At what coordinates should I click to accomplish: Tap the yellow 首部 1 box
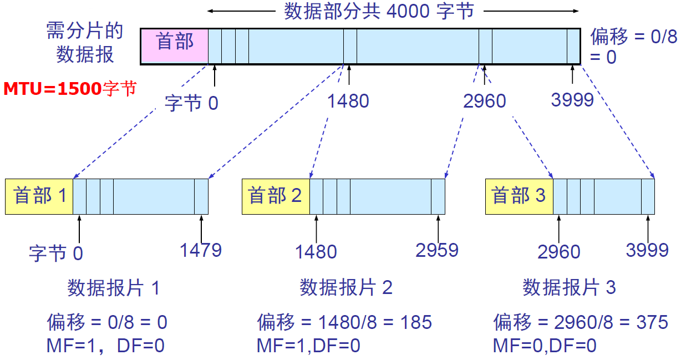tap(39, 196)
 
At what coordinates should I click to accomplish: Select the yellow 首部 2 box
tap(276, 196)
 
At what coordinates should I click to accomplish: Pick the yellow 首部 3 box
tap(519, 196)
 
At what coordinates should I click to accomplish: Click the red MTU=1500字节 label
tap(70, 88)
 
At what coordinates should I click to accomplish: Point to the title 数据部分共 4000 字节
tap(379, 11)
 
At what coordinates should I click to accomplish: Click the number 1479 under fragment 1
tap(200, 250)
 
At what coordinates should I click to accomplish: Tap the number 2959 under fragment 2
tap(437, 250)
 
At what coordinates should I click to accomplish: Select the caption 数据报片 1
tap(114, 288)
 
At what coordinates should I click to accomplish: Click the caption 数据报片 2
tap(346, 288)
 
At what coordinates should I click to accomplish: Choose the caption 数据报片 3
tap(569, 288)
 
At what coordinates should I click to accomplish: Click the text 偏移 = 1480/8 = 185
tap(344, 322)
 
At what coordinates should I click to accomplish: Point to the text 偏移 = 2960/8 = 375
tap(581, 322)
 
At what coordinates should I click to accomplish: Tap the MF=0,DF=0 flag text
tap(545, 346)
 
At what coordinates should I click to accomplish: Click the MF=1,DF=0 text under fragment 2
tap(308, 346)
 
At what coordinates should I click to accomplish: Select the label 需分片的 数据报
tap(85, 43)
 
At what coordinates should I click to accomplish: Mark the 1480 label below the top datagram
tap(348, 101)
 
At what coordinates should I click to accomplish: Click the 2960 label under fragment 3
tap(558, 252)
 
